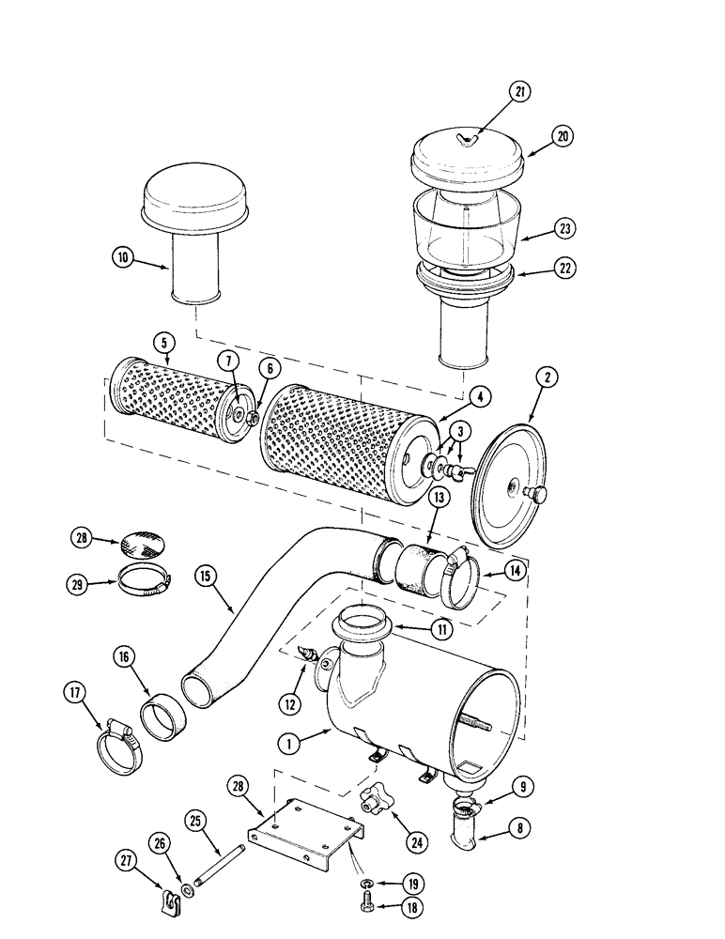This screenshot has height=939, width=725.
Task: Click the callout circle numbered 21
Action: tap(519, 92)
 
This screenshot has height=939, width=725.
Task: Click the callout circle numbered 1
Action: tap(293, 743)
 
